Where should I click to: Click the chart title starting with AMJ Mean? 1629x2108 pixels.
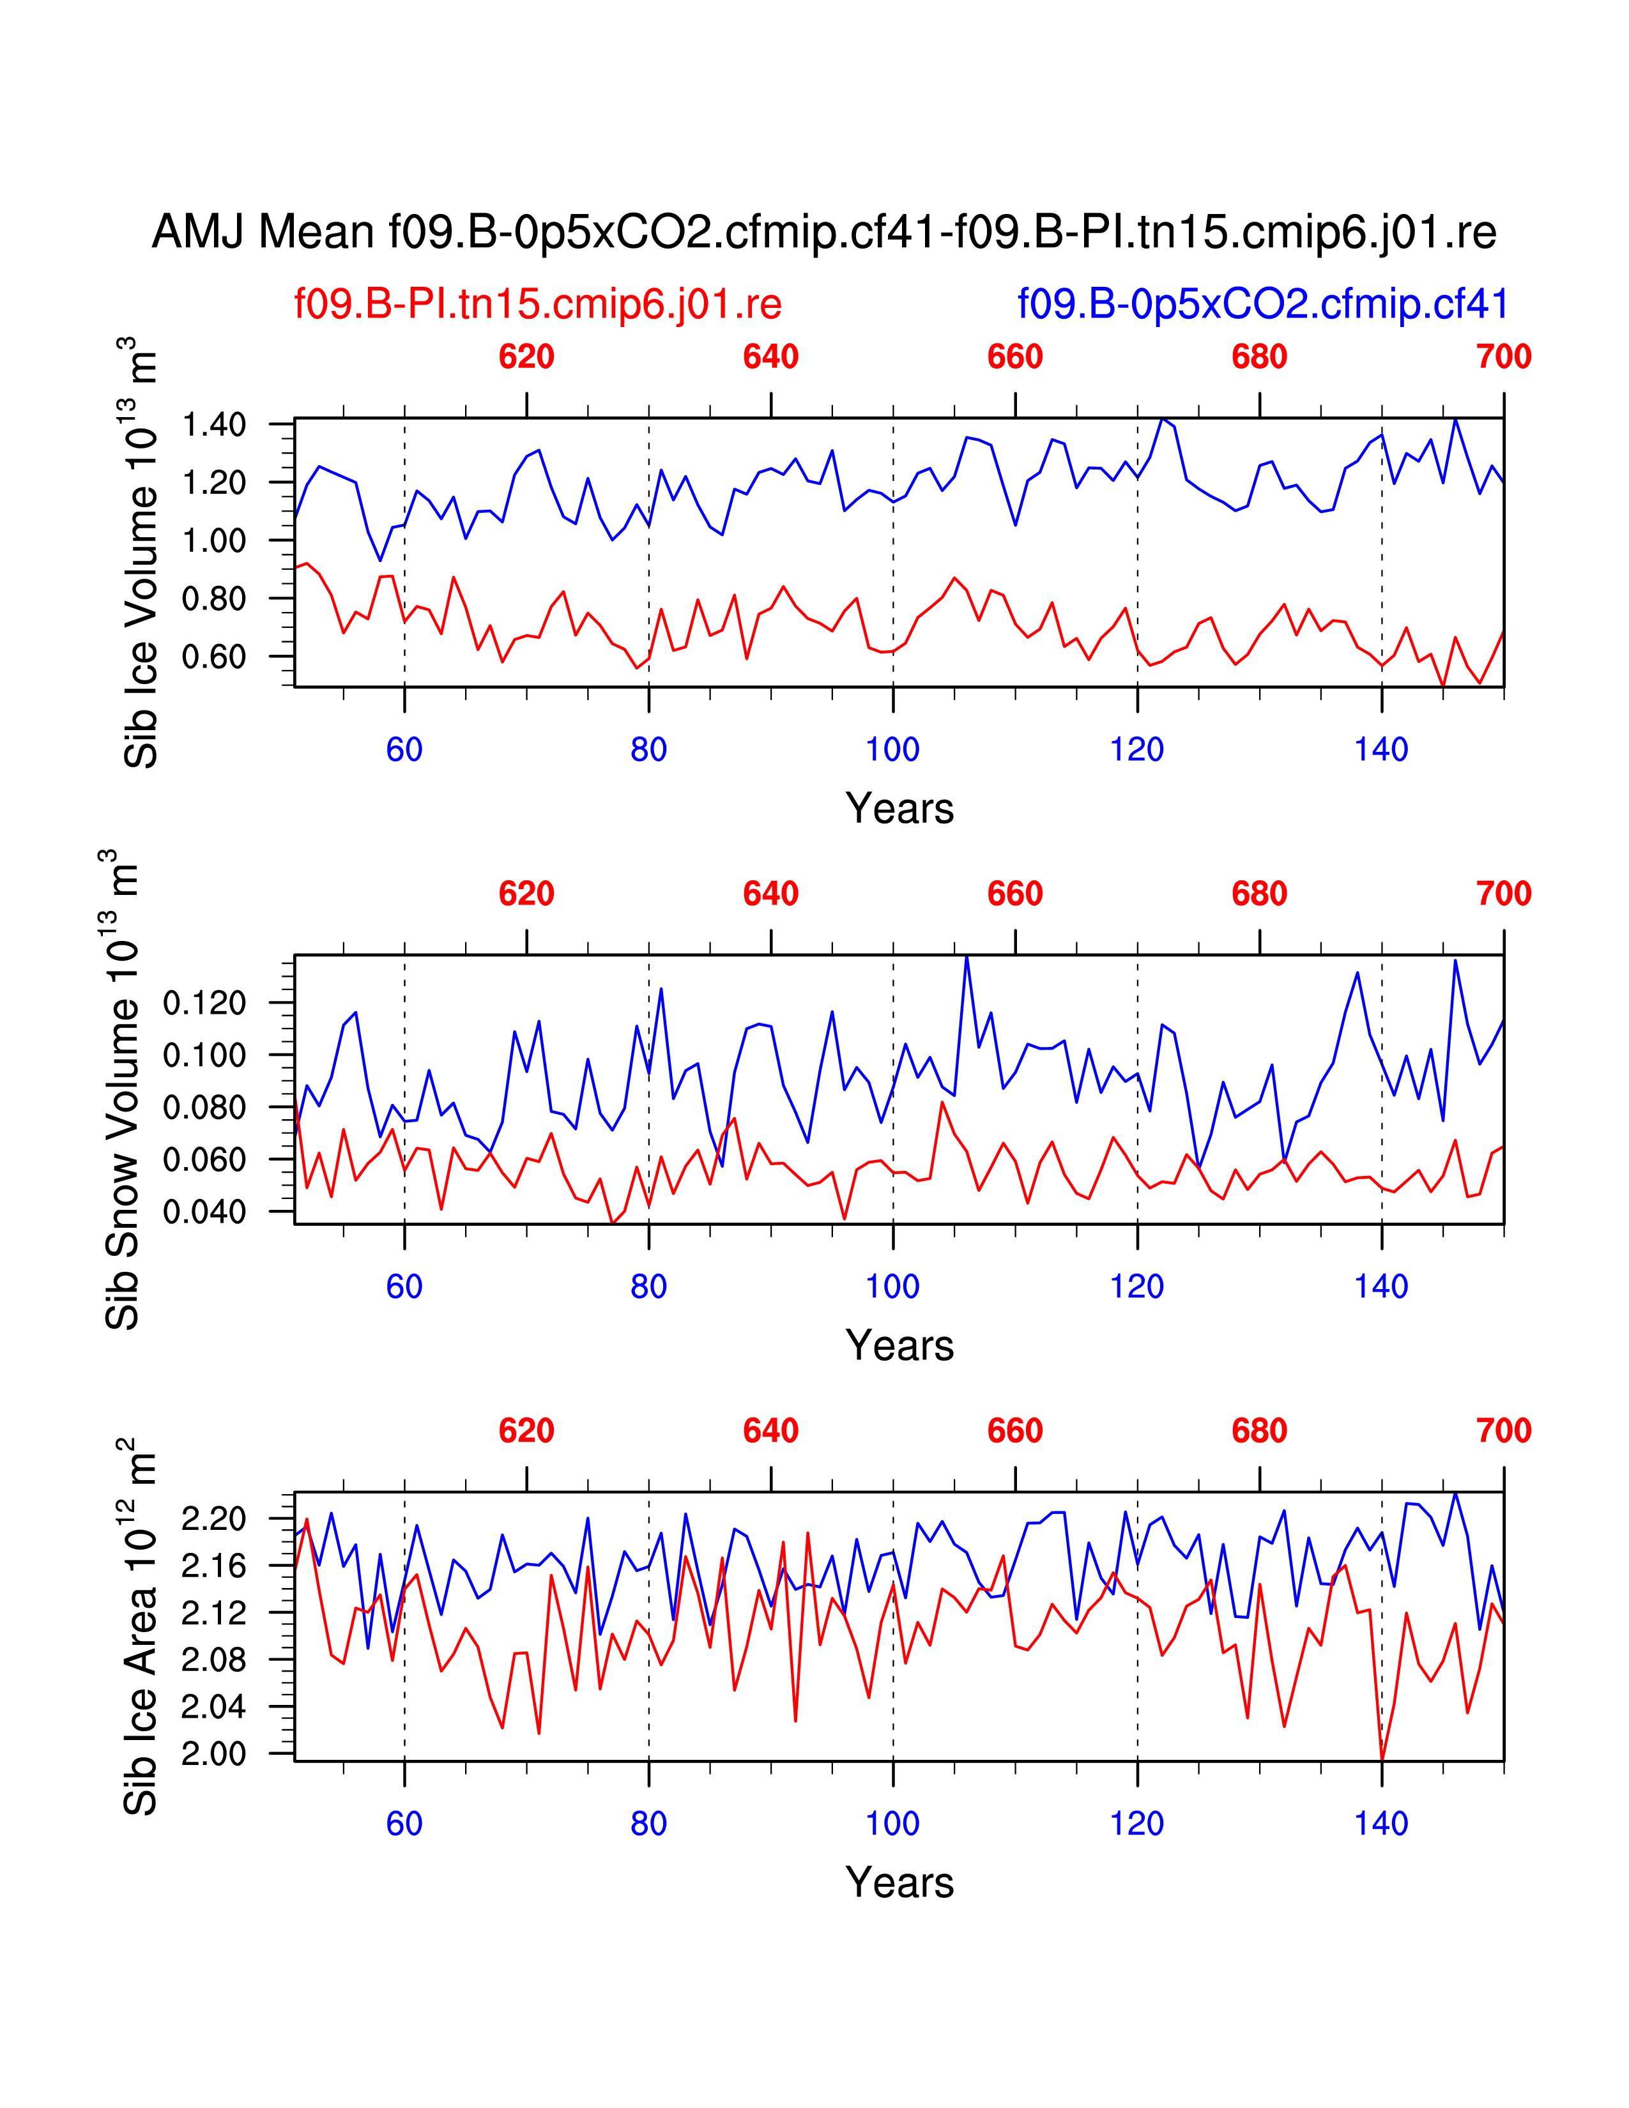(823, 233)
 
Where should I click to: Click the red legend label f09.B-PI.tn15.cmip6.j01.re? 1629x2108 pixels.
(537, 304)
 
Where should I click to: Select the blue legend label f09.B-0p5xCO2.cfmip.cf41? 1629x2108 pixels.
(1262, 304)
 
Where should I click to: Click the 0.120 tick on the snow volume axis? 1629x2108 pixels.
(204, 1003)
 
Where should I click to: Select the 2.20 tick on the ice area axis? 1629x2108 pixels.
(213, 1519)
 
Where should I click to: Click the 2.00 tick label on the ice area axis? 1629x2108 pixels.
(213, 1753)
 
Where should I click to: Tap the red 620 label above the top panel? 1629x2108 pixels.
(526, 357)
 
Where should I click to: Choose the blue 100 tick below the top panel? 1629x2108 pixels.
(892, 750)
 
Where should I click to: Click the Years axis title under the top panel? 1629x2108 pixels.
(899, 809)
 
